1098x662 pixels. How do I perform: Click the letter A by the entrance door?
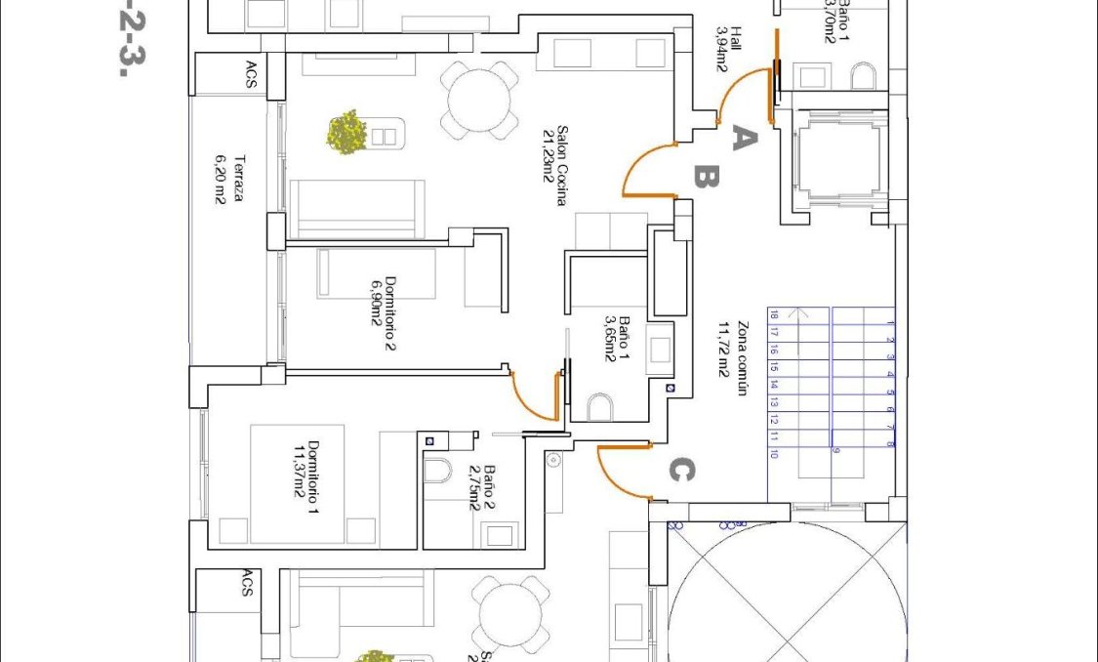pyautogui.click(x=743, y=140)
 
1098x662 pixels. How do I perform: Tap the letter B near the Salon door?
pyautogui.click(x=706, y=177)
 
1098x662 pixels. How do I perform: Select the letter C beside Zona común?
pyautogui.click(x=680, y=471)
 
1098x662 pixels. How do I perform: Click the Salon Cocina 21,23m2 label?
pyautogui.click(x=554, y=167)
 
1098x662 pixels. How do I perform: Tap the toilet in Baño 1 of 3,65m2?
pyautogui.click(x=600, y=405)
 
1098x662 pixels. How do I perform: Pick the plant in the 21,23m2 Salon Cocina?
pyautogui.click(x=346, y=132)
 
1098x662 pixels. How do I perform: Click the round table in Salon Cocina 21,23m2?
pyautogui.click(x=479, y=98)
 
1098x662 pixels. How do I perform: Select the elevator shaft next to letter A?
pyautogui.click(x=835, y=161)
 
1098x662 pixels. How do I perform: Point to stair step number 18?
pyautogui.click(x=774, y=315)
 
